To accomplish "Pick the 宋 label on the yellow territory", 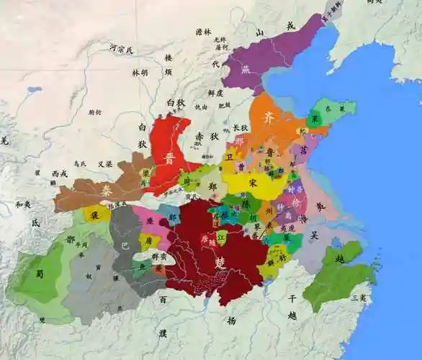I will (252, 182).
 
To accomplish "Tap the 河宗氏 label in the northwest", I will (121, 49).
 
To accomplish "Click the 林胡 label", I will (140, 72).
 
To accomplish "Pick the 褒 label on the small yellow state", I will (95, 214).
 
